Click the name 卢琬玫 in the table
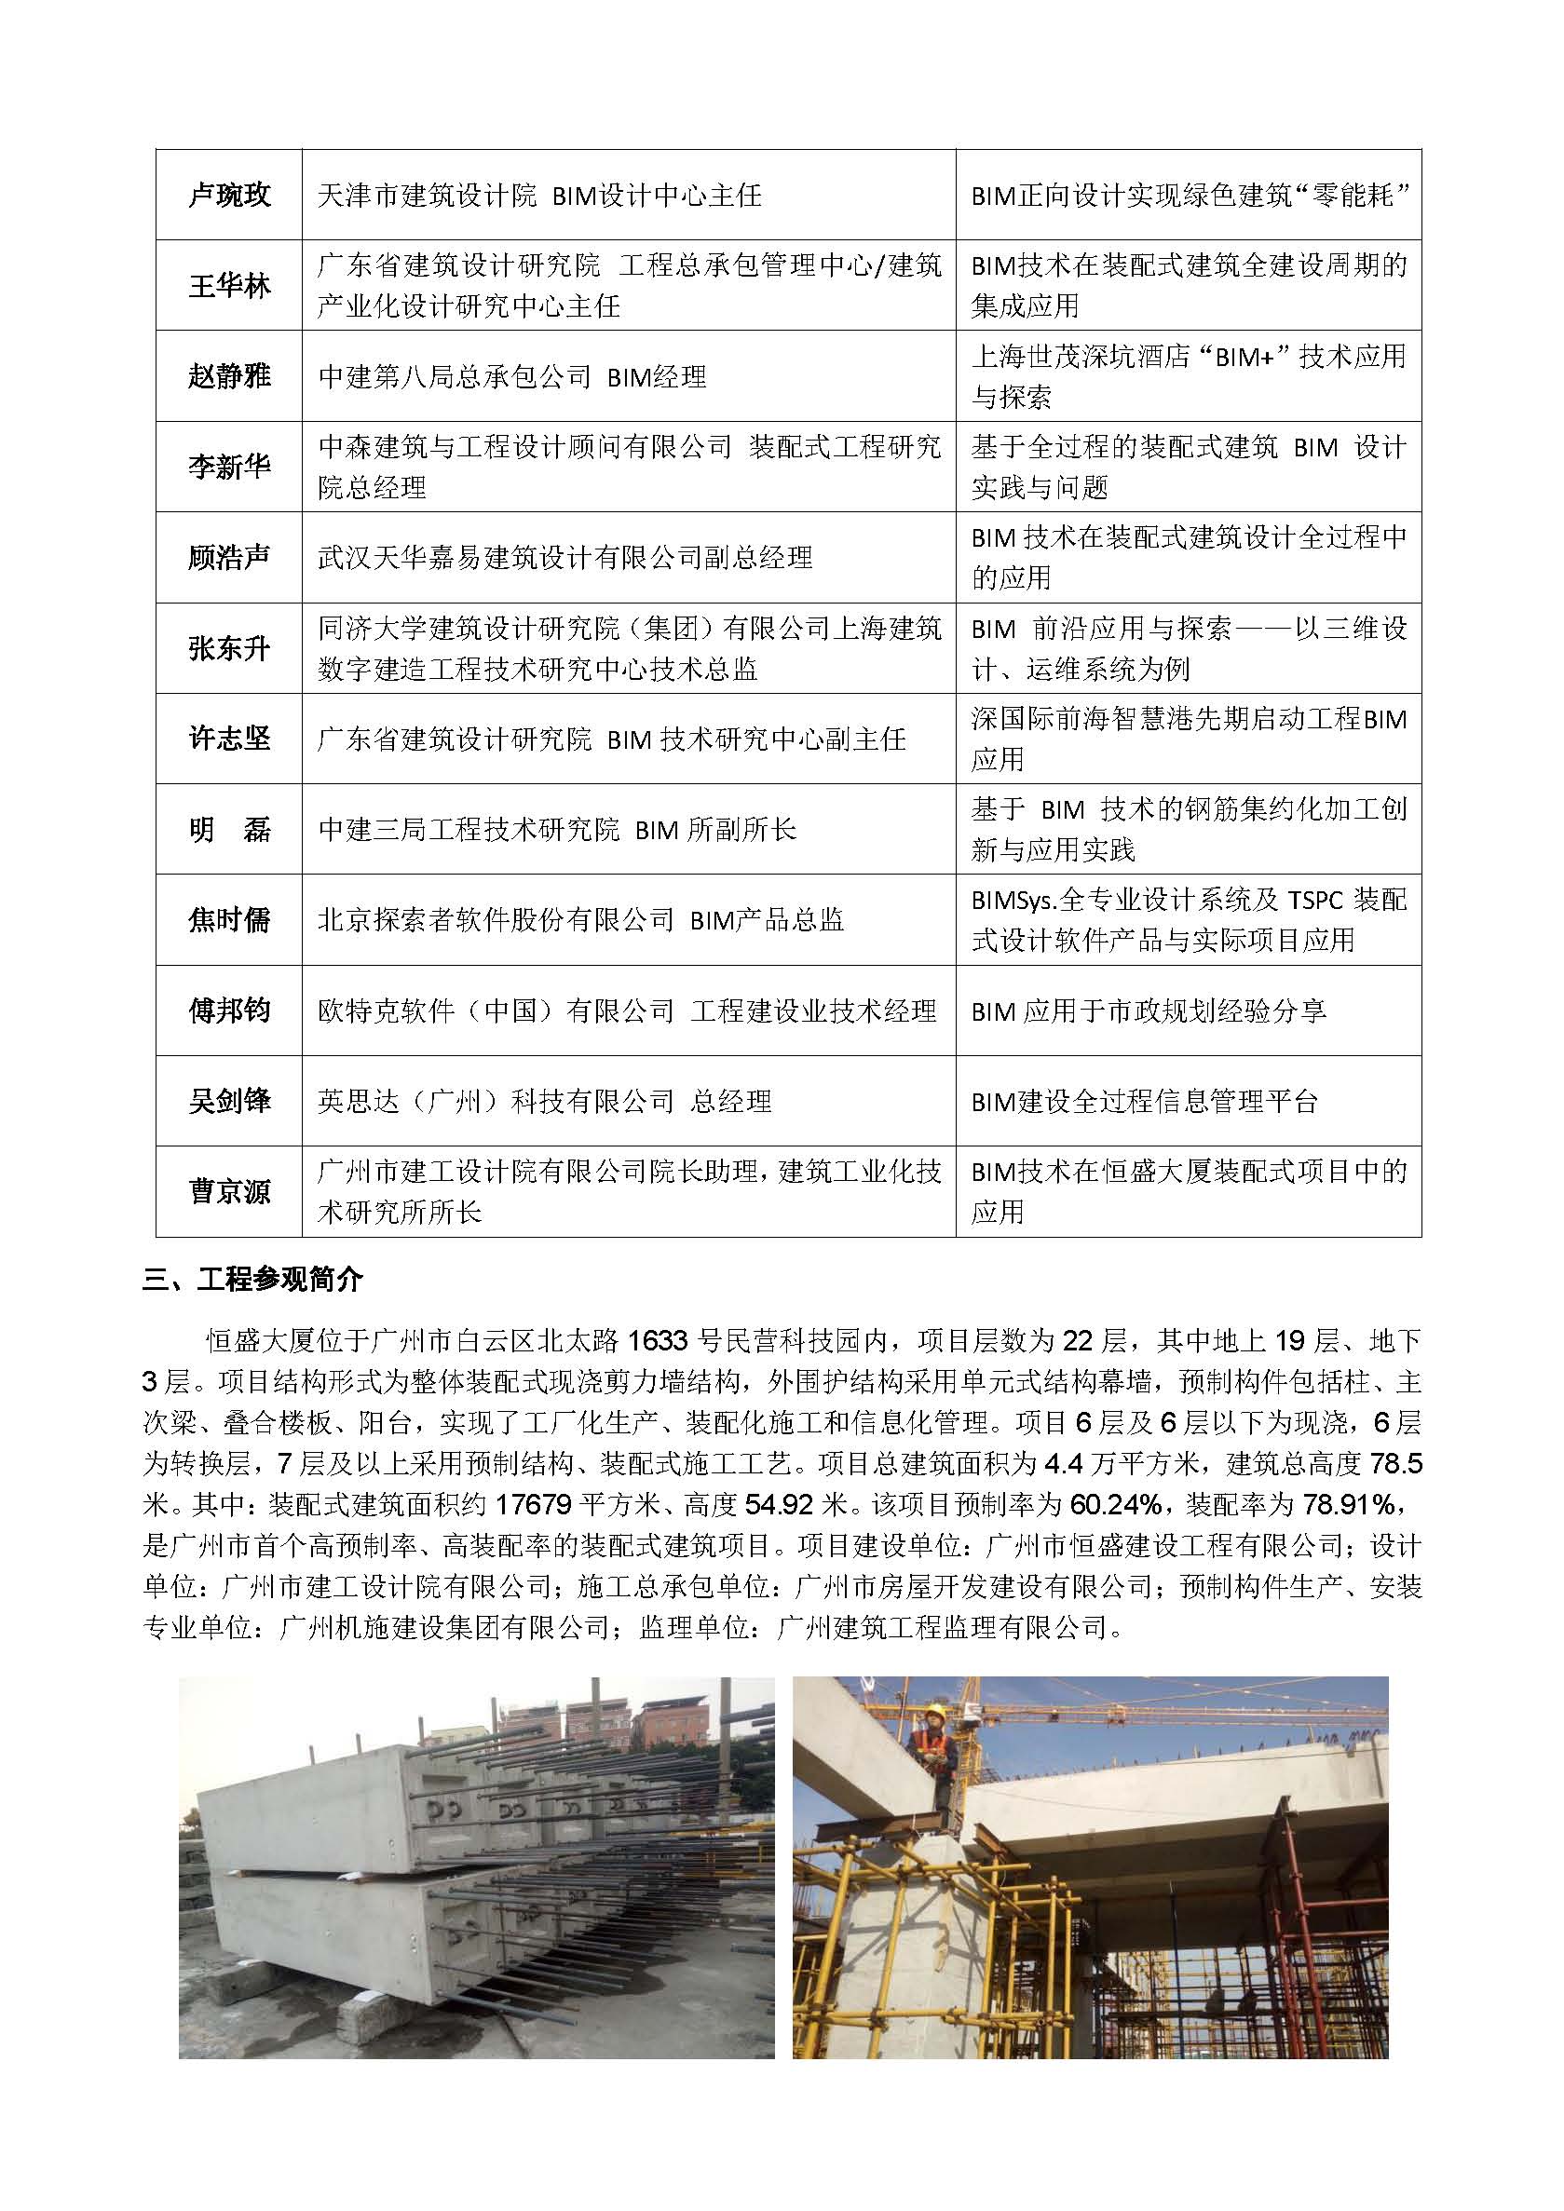click(229, 196)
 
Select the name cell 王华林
click(229, 286)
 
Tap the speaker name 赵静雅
click(229, 375)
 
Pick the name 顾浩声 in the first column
click(229, 558)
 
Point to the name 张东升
click(229, 648)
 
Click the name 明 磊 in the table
click(229, 829)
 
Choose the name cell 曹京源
click(229, 1191)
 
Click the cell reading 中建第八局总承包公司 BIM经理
click(512, 376)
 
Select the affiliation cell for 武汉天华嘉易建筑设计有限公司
click(565, 558)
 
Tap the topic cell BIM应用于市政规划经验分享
click(1148, 1011)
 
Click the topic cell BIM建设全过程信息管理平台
click(1144, 1101)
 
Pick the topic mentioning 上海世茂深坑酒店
click(1189, 376)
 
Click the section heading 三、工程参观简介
click(253, 1279)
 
